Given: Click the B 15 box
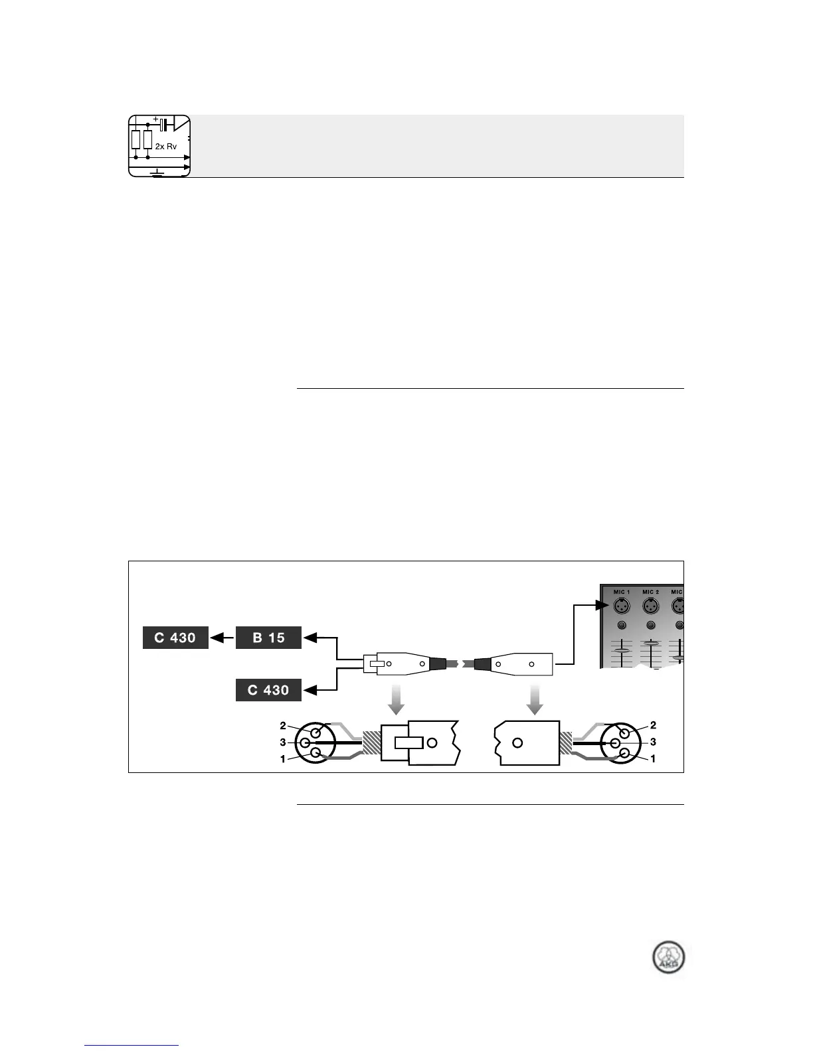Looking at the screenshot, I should [x=268, y=638].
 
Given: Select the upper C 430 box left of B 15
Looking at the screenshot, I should [x=175, y=638].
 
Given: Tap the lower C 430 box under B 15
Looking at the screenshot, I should [x=268, y=690].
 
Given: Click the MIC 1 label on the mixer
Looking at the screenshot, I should [x=621, y=592].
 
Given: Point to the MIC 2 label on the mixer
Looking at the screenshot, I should [x=650, y=592].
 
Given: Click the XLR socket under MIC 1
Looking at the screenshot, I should [x=620, y=606].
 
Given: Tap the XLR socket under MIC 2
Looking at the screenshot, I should [x=650, y=606].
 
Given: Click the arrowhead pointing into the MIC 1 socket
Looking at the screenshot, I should [x=603, y=605].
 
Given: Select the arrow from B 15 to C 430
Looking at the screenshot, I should [x=222, y=638].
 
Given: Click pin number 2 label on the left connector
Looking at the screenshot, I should [x=283, y=726].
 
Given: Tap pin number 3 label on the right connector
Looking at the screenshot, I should [x=653, y=742].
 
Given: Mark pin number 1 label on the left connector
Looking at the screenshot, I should [x=283, y=759].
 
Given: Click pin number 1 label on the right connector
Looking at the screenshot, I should [x=653, y=758].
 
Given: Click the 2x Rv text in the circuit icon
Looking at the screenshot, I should [x=166, y=146].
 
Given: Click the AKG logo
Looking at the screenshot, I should [x=668, y=957].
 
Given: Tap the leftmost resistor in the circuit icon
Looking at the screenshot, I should [x=135, y=139].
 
